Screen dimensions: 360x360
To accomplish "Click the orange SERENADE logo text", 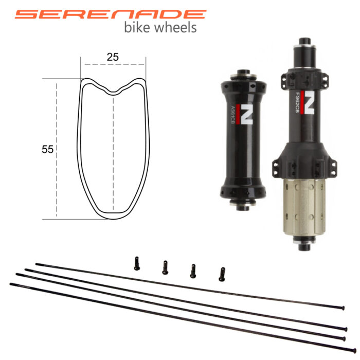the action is (111, 14).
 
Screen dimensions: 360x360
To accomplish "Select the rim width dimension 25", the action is (113, 57).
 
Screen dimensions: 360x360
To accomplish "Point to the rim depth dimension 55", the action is (47, 149).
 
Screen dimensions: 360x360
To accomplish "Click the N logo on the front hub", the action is (245, 114).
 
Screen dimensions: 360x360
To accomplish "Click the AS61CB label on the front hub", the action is (232, 115).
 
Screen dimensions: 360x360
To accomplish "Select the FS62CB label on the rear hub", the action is (298, 102).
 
